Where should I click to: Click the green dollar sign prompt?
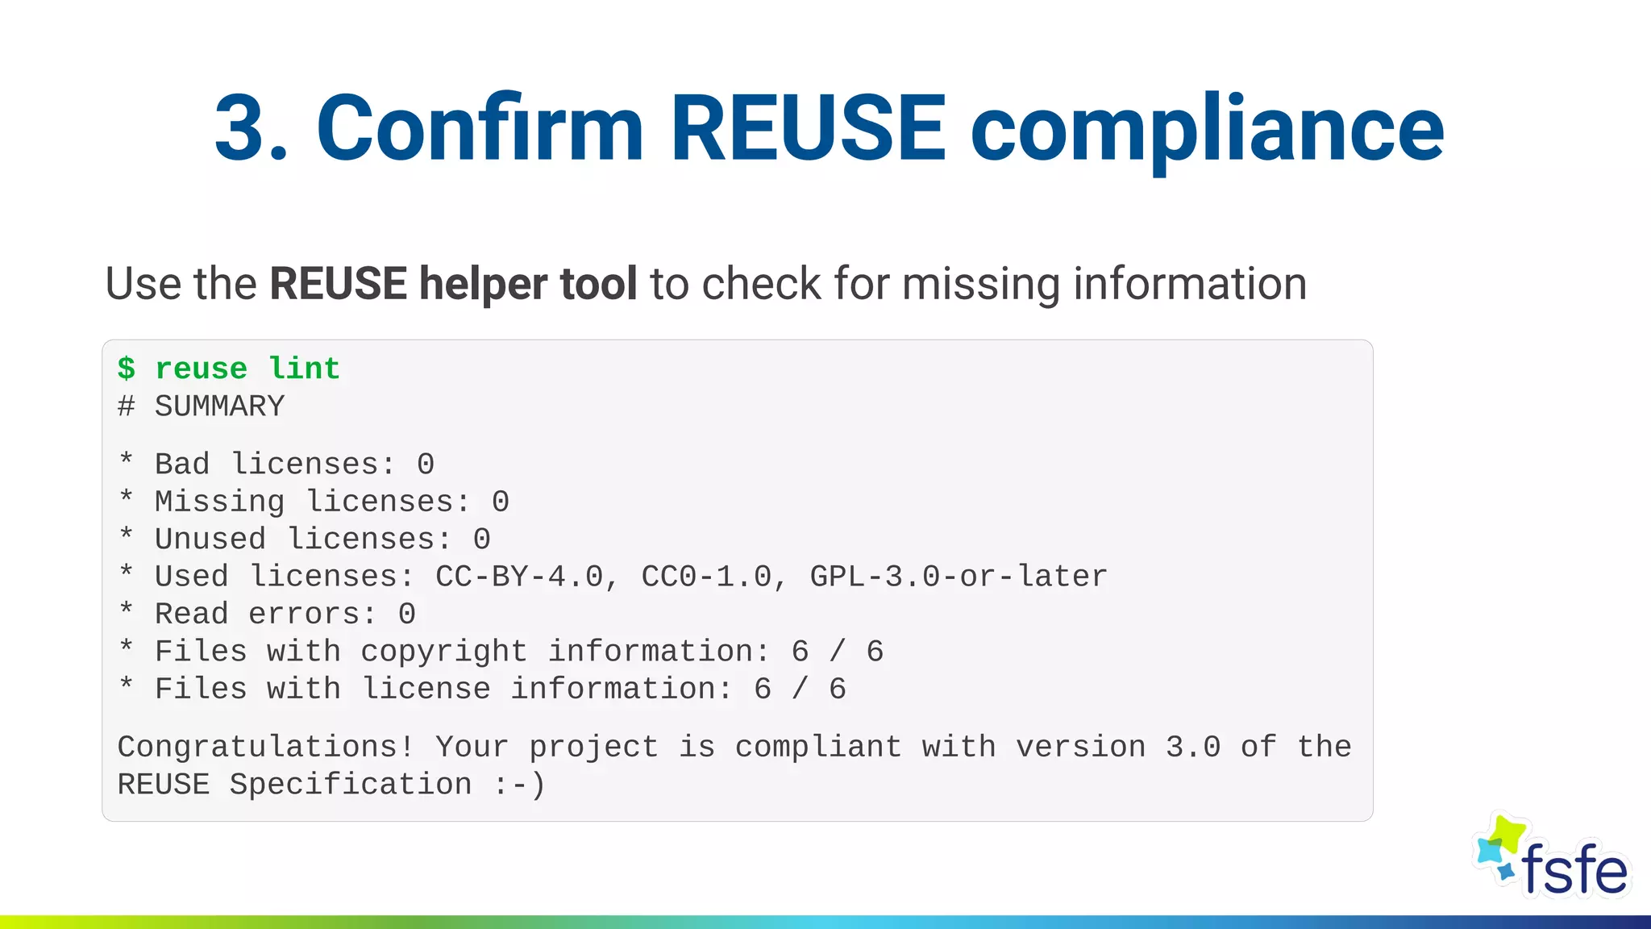pyautogui.click(x=127, y=369)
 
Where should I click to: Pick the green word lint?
pyautogui.click(x=304, y=369)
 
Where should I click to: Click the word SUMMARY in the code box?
pyautogui.click(x=219, y=406)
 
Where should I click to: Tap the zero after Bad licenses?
pyautogui.click(x=426, y=464)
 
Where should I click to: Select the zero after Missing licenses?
pyautogui.click(x=501, y=502)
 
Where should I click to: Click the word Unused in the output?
pyautogui.click(x=210, y=539)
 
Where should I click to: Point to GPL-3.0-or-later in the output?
pyautogui.click(x=959, y=577)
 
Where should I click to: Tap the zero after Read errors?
pyautogui.click(x=407, y=614)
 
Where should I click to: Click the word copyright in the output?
pyautogui.click(x=444, y=652)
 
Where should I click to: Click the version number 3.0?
pyautogui.click(x=1193, y=747)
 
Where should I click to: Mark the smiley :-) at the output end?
pyautogui.click(x=520, y=785)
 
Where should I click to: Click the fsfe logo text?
pyautogui.click(x=1574, y=870)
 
